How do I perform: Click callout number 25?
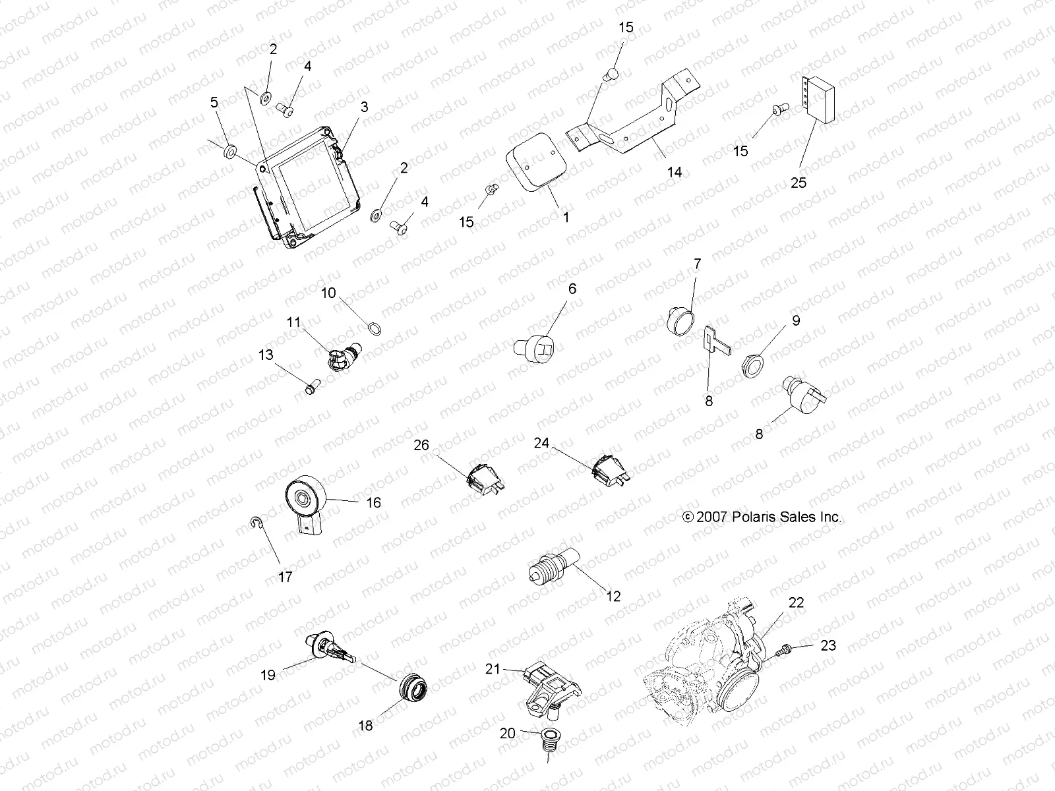(x=798, y=183)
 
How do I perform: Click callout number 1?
(x=565, y=216)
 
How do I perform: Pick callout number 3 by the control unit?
(x=364, y=107)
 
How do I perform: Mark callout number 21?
(x=493, y=669)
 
